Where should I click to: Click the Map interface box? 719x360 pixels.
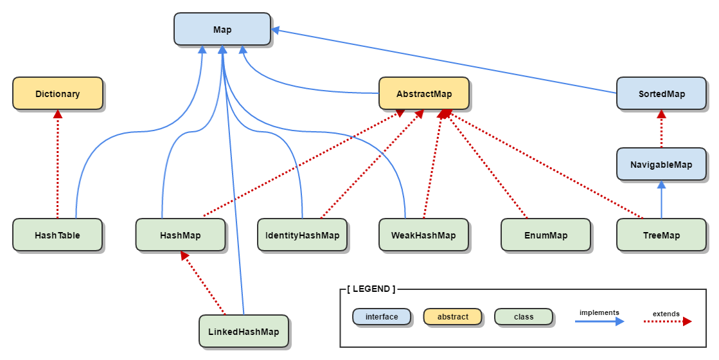tap(222, 30)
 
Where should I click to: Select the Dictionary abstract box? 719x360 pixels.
tap(58, 94)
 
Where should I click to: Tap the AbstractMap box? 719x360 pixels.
tap(424, 94)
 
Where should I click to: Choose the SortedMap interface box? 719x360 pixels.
tap(662, 94)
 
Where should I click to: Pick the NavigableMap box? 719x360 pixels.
tap(661, 165)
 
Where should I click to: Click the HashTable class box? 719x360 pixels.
tap(58, 235)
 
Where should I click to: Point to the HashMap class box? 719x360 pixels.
tap(181, 235)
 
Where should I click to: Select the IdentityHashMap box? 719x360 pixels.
tap(302, 235)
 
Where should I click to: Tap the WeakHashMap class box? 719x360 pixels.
tap(423, 235)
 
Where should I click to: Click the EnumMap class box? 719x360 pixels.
tap(546, 235)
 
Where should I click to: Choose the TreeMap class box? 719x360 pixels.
tap(661, 235)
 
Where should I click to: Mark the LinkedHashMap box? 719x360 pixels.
tap(244, 332)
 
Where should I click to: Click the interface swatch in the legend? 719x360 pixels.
tap(382, 317)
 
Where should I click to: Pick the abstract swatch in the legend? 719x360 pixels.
tap(452, 317)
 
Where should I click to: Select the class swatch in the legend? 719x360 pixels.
tap(524, 317)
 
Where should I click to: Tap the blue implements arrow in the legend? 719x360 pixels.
tap(599, 321)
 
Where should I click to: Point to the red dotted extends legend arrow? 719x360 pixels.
tap(667, 321)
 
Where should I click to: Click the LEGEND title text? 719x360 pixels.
tap(371, 289)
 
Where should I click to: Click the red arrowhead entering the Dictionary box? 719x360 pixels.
tap(58, 114)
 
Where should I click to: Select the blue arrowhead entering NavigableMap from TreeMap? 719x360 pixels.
tap(661, 184)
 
